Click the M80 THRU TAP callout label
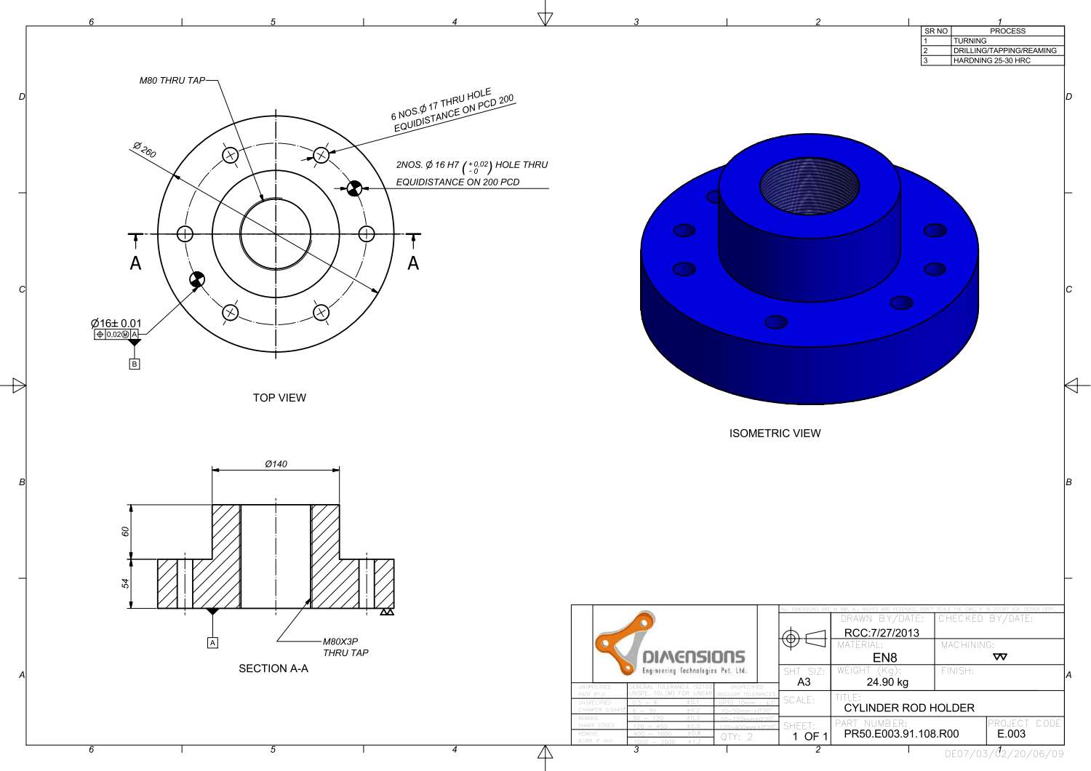point(172,81)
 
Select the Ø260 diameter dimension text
point(145,150)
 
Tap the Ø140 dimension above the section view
point(276,463)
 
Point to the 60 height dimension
point(125,532)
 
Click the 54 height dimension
point(125,583)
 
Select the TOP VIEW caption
point(279,398)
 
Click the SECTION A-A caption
point(273,668)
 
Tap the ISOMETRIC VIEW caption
point(775,434)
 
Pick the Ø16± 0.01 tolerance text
point(116,323)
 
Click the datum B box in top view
point(134,364)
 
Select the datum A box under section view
point(212,643)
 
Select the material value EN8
point(884,658)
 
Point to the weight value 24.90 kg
point(887,682)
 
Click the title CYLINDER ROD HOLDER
point(909,708)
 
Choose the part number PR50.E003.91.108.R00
point(901,734)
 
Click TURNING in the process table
point(970,41)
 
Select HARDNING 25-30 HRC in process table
point(991,60)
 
